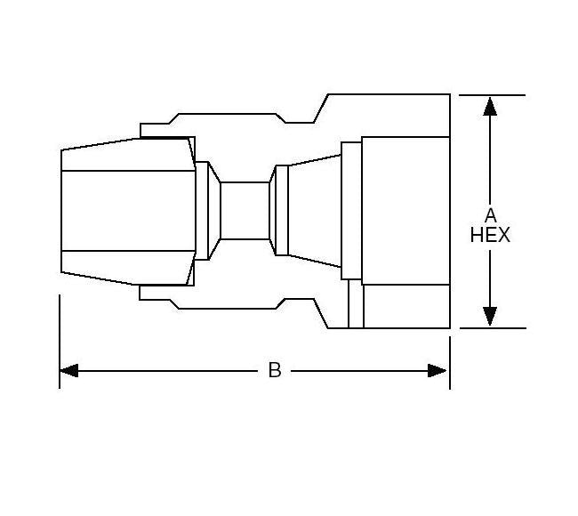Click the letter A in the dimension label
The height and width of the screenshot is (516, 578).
(489, 215)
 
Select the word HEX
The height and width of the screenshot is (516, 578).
(489, 236)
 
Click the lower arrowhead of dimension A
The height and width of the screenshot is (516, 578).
(489, 316)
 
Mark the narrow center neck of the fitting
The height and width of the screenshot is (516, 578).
(245, 211)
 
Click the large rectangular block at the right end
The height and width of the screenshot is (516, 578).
(405, 210)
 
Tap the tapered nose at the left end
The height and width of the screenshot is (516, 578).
(124, 211)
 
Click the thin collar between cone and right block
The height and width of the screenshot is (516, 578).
(352, 211)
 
